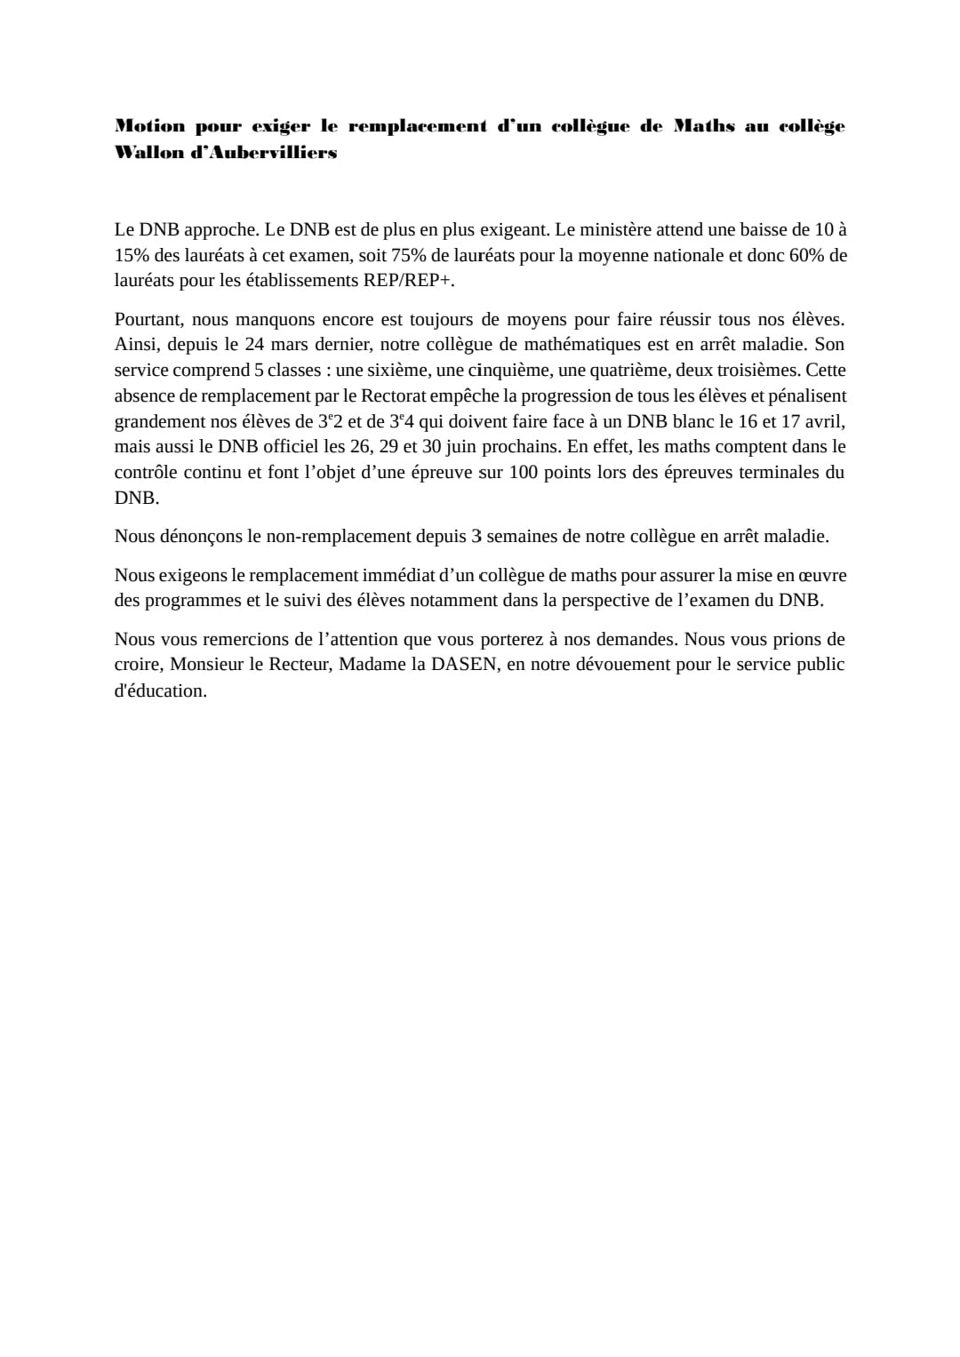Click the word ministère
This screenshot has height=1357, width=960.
click(618, 230)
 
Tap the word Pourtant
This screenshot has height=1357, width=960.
click(148, 319)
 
